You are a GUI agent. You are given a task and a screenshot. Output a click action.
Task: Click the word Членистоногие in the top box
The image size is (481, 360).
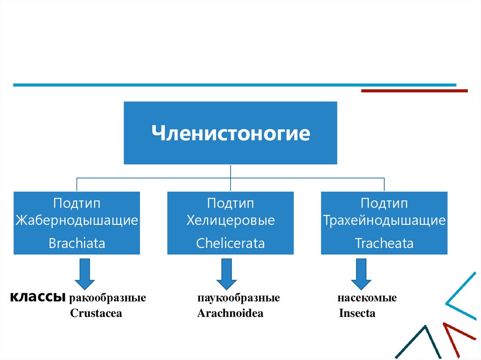pyautogui.click(x=230, y=133)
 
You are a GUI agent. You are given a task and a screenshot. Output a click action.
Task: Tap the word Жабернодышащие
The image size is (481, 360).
pyautogui.click(x=77, y=220)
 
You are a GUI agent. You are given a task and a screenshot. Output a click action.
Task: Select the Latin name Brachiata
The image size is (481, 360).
pyautogui.click(x=77, y=244)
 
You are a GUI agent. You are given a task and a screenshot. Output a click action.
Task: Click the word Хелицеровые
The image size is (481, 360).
pyautogui.click(x=230, y=220)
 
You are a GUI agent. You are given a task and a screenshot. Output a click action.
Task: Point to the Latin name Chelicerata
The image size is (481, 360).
pyautogui.click(x=230, y=244)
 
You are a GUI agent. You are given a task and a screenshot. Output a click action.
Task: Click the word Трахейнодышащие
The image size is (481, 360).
pyautogui.click(x=384, y=220)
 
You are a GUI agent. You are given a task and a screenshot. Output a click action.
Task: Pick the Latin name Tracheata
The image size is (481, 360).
pyautogui.click(x=384, y=244)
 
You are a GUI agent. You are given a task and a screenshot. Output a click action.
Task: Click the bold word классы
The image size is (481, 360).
pyautogui.click(x=38, y=297)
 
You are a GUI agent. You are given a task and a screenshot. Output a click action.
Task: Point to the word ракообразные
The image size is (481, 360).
pyautogui.click(x=108, y=298)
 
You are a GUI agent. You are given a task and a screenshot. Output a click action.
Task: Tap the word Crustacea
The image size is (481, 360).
pyautogui.click(x=96, y=314)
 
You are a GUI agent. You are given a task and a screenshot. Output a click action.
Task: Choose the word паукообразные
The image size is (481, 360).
pyautogui.click(x=239, y=298)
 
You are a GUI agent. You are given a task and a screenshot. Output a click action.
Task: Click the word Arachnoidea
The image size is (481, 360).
pyautogui.click(x=230, y=314)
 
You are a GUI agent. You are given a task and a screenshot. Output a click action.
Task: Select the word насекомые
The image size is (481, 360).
pyautogui.click(x=366, y=298)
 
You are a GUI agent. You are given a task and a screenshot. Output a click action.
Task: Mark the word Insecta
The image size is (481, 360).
pyautogui.click(x=357, y=314)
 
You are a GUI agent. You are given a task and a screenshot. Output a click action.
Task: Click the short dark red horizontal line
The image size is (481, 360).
pyautogui.click(x=414, y=91)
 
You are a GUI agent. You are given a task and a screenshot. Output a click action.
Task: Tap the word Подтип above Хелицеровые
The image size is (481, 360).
pyautogui.click(x=230, y=204)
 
